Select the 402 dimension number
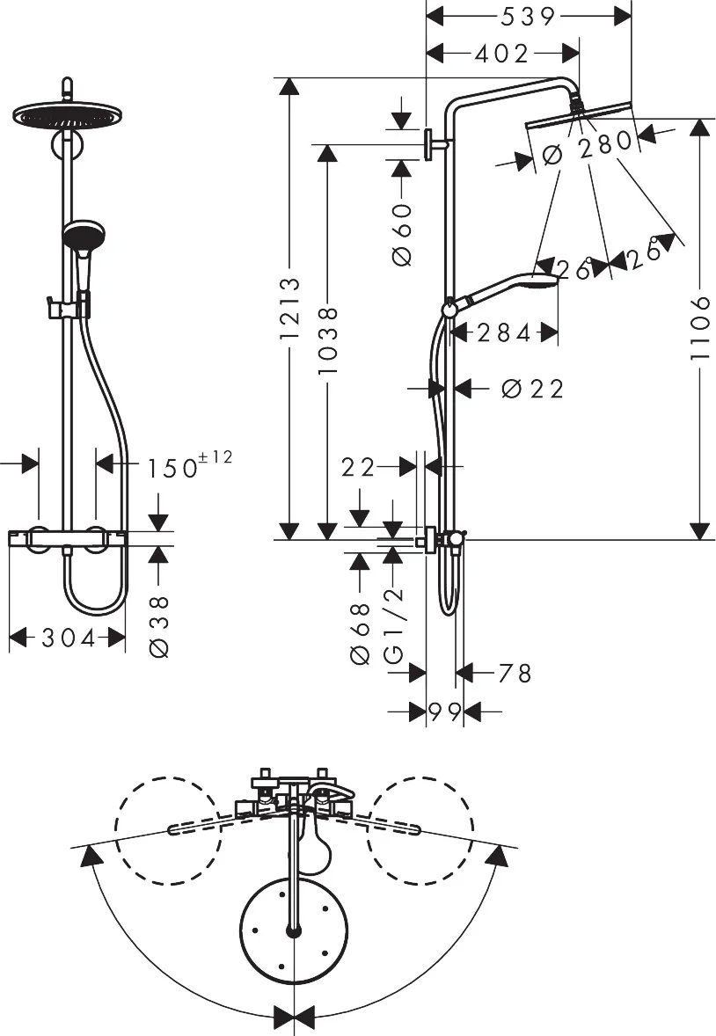point(501,54)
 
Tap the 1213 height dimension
point(289,309)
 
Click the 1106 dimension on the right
point(700,328)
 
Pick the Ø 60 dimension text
point(402,235)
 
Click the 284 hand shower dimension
point(504,333)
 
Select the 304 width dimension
point(68,638)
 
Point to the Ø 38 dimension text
point(159,626)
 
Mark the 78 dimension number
point(515,674)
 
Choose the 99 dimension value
point(444,711)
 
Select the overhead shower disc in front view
point(63,115)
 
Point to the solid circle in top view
point(294,931)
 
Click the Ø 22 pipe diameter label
point(532,389)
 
